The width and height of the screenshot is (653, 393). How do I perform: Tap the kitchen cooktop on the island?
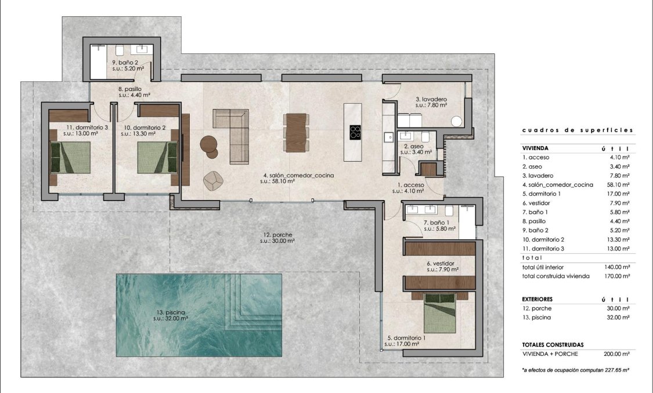[354, 132]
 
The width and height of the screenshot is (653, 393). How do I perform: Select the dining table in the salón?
[295, 133]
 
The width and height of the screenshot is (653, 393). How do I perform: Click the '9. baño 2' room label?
[125, 62]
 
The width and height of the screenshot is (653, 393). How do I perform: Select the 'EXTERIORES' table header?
[537, 299]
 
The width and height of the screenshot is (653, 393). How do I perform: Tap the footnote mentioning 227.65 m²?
[576, 369]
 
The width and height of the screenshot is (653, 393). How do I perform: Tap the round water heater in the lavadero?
[457, 121]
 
